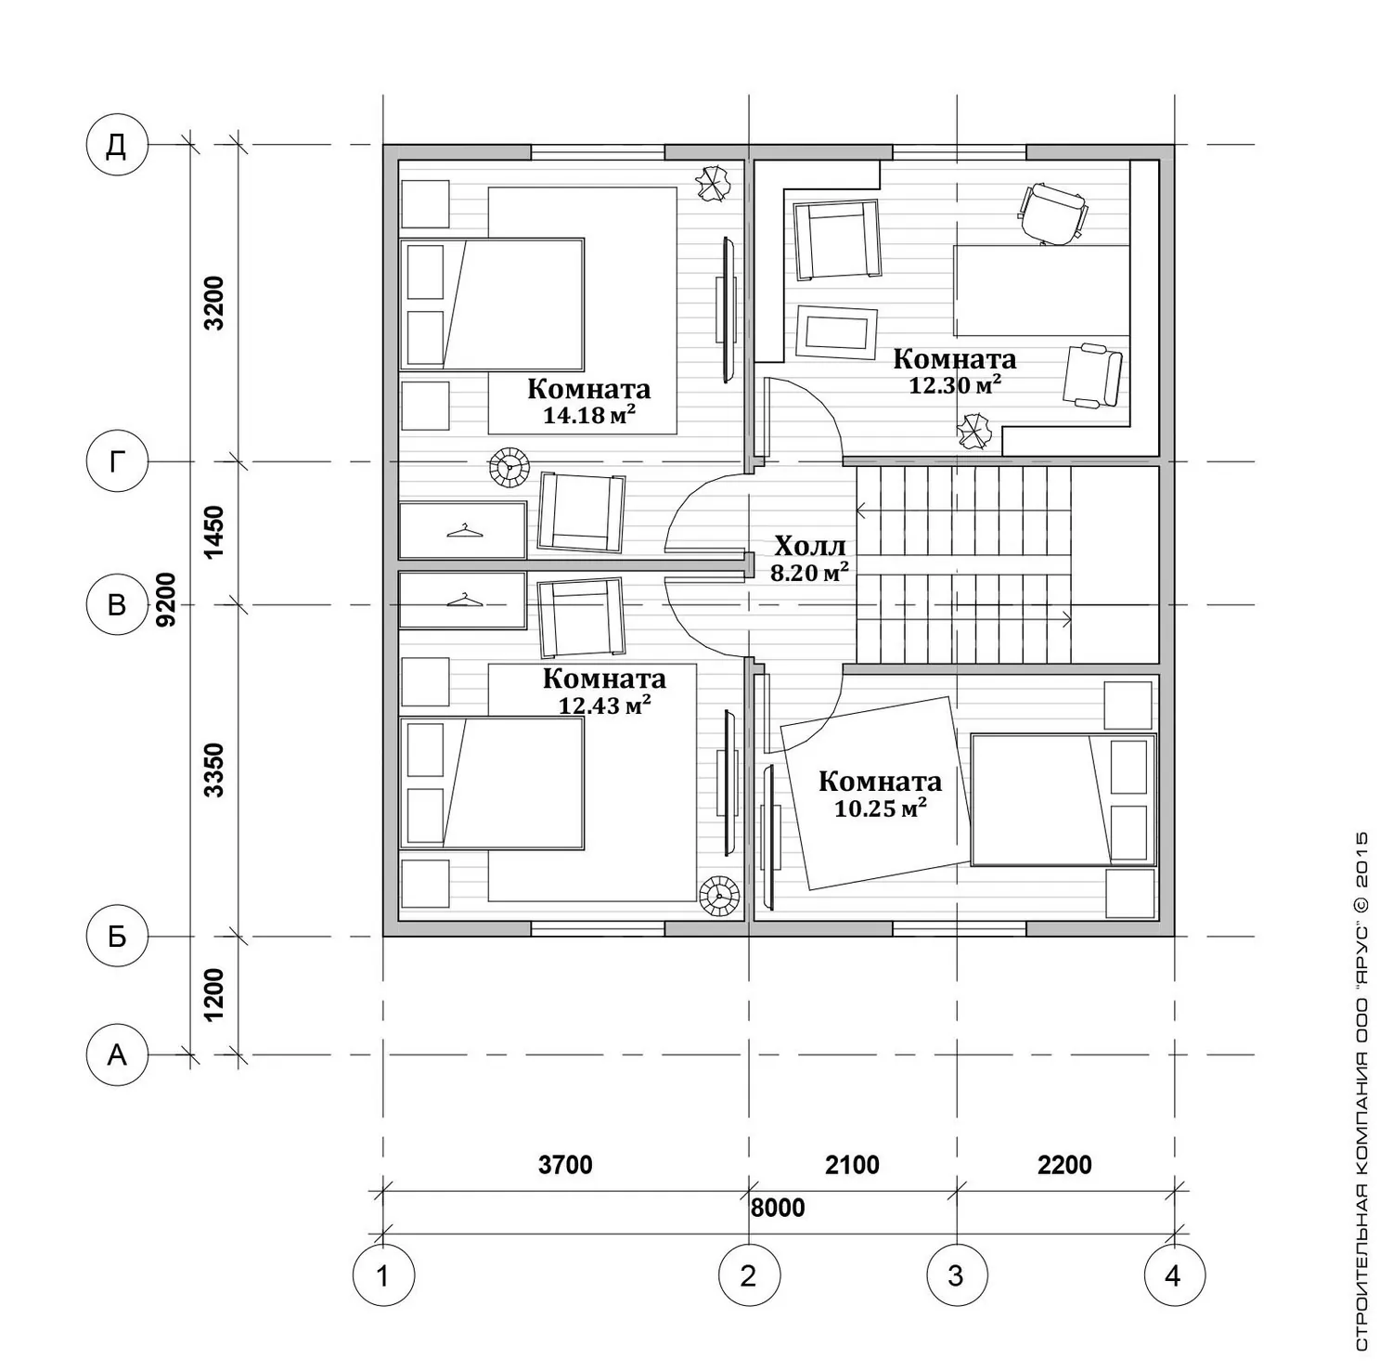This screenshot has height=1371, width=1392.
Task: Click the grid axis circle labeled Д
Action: pos(117,145)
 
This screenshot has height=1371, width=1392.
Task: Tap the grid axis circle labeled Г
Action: pos(117,461)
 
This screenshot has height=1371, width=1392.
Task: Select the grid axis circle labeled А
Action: pos(117,1054)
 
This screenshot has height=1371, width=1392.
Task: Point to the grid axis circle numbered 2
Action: pos(749,1275)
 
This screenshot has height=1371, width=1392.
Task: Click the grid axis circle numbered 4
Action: pos(1174,1275)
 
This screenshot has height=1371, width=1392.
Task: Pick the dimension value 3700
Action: pos(565,1164)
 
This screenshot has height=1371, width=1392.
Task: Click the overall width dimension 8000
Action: pos(778,1208)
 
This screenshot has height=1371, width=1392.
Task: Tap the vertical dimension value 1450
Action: pos(214,532)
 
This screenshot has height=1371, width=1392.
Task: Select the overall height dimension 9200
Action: pos(166,600)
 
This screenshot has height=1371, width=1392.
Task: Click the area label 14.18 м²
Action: pos(589,415)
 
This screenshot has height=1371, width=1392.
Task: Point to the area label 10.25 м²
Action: pos(881,808)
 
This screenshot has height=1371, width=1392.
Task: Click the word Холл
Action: pos(809,545)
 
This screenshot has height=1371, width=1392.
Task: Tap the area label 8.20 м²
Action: pos(810,573)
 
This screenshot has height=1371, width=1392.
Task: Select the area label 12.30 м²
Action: pos(955,384)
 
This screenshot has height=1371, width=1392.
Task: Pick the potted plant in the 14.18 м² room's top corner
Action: pos(714,182)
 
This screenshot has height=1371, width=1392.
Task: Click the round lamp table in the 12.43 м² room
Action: pos(720,898)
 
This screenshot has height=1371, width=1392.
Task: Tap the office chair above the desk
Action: pos(1052,213)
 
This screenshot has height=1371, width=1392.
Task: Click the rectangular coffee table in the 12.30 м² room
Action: pos(836,331)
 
